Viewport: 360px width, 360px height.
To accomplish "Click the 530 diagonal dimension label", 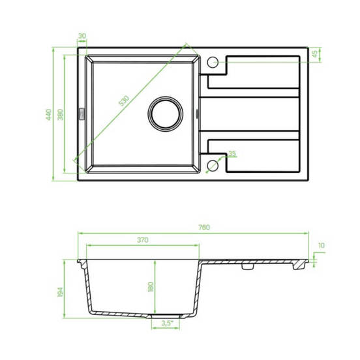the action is [x=124, y=100].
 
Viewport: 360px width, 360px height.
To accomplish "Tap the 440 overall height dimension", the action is [x=49, y=115].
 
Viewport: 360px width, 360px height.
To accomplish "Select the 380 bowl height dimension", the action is [x=60, y=115].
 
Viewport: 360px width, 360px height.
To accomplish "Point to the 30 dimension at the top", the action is [x=82, y=36].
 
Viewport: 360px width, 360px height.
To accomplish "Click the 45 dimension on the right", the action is [x=315, y=53].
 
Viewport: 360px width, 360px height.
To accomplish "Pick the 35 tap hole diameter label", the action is [x=232, y=153].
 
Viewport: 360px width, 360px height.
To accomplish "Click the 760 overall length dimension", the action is [x=204, y=228].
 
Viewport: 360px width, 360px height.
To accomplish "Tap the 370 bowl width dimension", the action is [x=143, y=240].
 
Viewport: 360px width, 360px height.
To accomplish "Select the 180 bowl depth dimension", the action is [x=151, y=287].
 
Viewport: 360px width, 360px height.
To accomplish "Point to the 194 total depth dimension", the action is [x=60, y=292].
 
